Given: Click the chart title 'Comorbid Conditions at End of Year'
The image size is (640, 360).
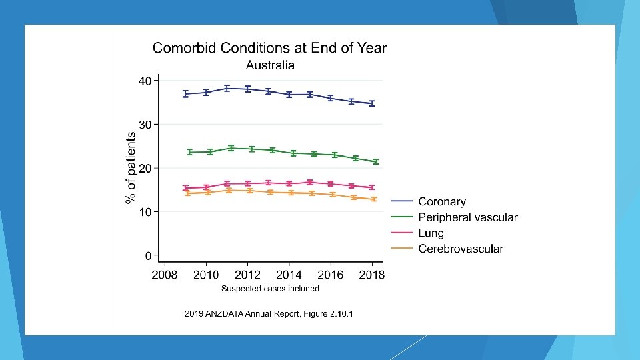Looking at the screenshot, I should click(x=269, y=47).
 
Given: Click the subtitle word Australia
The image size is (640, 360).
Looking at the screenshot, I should click(x=270, y=65).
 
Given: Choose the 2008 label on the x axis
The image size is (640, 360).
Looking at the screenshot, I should click(x=165, y=275).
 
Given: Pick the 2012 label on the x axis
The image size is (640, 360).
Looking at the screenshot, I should click(x=247, y=275).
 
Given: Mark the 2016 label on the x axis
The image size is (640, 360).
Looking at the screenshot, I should click(x=331, y=275).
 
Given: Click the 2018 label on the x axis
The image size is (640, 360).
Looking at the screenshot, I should click(x=371, y=275).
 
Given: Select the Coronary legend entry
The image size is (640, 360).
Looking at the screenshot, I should click(x=441, y=201).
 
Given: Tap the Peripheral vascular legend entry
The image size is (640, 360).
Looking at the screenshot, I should click(x=467, y=217).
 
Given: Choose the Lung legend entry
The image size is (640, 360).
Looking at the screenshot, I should click(x=431, y=233).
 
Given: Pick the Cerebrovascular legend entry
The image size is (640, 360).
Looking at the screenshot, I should click(x=461, y=249).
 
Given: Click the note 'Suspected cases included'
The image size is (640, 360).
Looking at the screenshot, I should click(x=270, y=289).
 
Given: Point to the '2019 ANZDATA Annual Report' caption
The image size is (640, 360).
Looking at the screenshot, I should click(x=269, y=313).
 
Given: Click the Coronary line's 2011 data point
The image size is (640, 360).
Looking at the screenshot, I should click(x=227, y=88).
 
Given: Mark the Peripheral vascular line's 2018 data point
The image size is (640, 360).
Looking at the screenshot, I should click(x=376, y=161).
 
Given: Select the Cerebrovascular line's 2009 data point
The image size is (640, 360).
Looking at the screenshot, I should click(x=187, y=193).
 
